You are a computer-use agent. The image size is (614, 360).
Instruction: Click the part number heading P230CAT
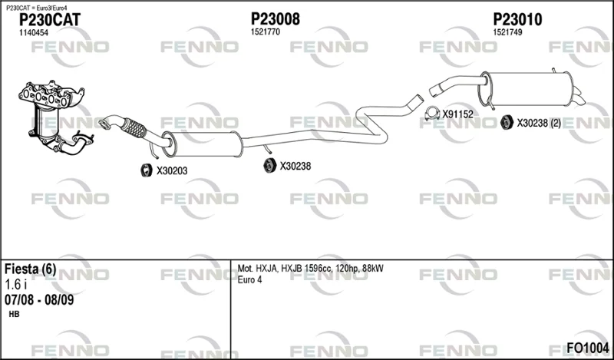coord(50,20)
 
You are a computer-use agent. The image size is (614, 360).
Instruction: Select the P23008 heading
coord(276,18)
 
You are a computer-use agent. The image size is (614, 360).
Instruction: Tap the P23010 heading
coord(517,19)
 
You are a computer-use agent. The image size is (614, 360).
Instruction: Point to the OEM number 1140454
coord(34,33)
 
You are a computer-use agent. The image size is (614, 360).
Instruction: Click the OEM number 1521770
coord(266,32)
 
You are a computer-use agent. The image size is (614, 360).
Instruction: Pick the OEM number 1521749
coord(507,32)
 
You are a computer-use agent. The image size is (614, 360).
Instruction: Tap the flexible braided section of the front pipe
coord(134,127)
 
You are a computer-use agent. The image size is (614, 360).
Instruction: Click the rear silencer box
coord(527,89)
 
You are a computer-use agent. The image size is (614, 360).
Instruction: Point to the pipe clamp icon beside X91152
coord(432,114)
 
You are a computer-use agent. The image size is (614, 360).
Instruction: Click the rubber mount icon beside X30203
coord(147,170)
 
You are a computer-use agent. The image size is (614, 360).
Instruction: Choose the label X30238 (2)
coord(539,123)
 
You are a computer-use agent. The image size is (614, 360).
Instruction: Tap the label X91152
coord(457,114)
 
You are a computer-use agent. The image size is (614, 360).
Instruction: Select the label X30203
coord(172,171)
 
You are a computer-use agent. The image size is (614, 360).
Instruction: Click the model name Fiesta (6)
coord(31,269)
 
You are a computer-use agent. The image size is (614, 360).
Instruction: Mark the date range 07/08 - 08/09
coord(39,300)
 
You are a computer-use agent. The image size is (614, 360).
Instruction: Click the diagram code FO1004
coord(588,348)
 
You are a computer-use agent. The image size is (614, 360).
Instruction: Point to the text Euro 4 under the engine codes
coord(250,279)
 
